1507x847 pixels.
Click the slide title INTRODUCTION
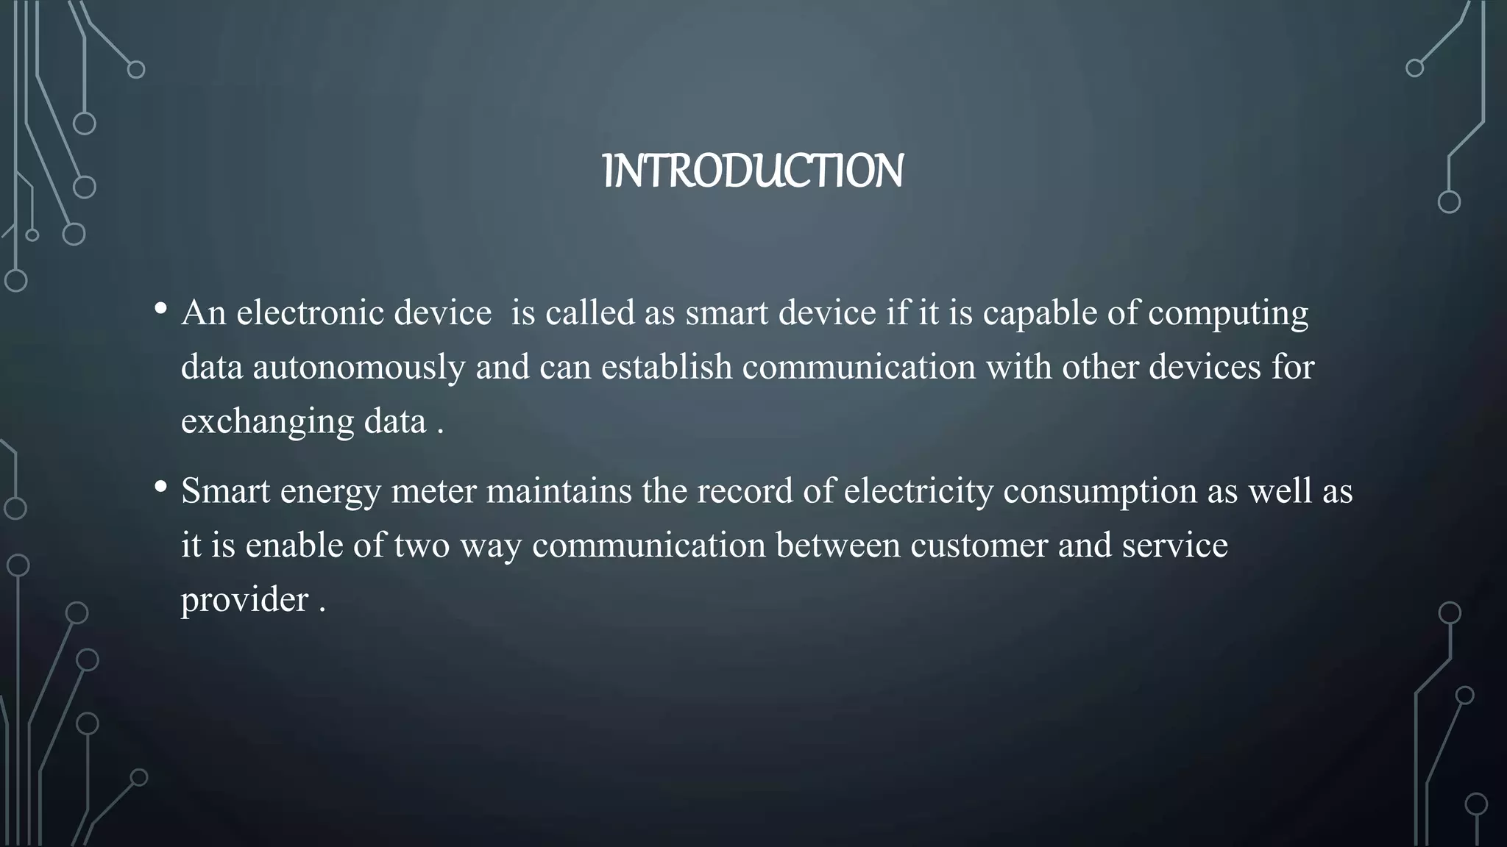(753, 171)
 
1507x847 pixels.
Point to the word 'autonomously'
(358, 367)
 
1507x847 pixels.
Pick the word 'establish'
(667, 367)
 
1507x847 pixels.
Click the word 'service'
(1174, 546)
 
